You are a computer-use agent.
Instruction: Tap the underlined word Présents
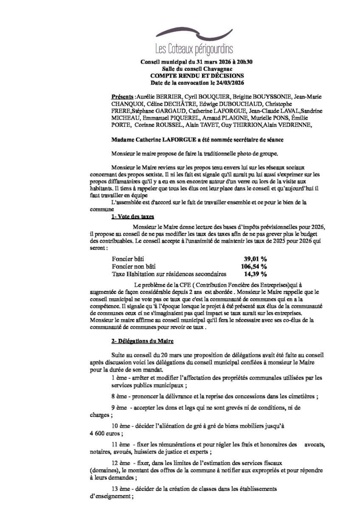click(122, 97)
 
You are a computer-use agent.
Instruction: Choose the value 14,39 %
click(255, 274)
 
